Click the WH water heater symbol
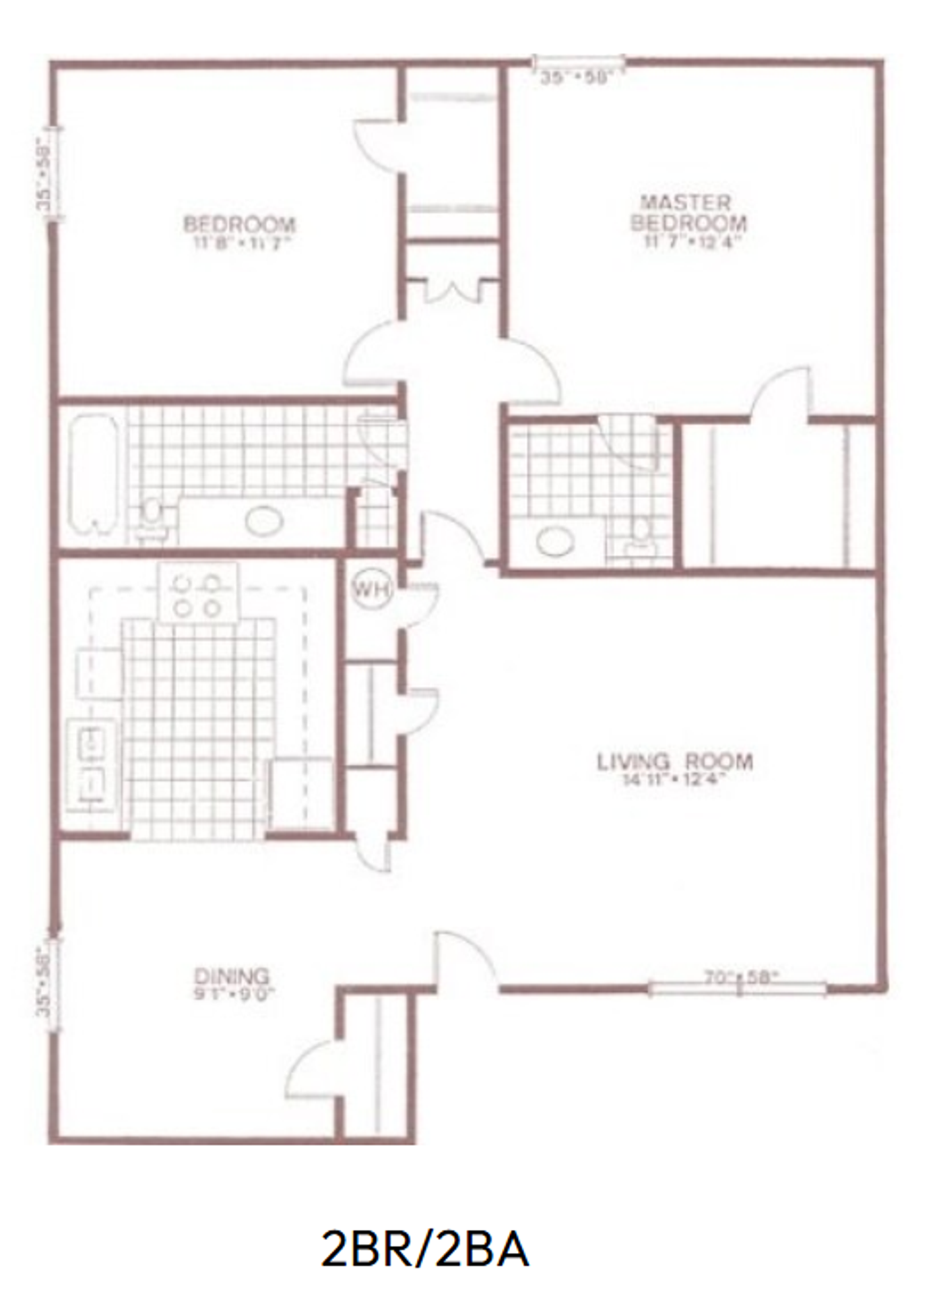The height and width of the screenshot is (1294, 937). click(371, 590)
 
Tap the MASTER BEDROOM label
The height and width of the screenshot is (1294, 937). click(688, 212)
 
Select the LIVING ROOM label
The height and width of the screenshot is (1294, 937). click(674, 762)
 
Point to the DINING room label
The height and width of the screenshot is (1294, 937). click(232, 975)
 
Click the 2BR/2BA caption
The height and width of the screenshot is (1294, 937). click(424, 1250)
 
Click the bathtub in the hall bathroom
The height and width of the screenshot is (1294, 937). click(94, 474)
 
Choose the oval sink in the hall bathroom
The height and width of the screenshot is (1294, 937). click(263, 521)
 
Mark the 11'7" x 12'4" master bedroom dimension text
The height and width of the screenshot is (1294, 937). click(688, 241)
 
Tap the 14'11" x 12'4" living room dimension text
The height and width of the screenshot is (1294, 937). click(674, 781)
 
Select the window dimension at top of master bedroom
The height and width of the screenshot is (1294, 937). click(575, 78)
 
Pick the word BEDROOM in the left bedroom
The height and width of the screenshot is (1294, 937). click(239, 224)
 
